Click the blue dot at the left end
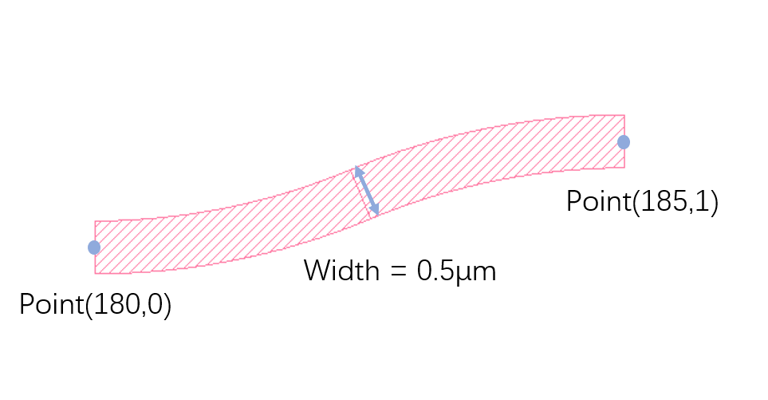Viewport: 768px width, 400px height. tap(94, 248)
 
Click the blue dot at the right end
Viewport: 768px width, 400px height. tap(624, 142)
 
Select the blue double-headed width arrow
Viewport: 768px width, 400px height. tap(366, 191)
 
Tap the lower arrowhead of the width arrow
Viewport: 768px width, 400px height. tap(375, 211)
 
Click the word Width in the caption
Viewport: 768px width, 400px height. tap(341, 270)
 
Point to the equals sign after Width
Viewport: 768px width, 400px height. tap(399, 271)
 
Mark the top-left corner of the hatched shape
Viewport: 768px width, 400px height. tap(95, 221)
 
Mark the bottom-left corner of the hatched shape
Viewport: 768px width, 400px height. tap(95, 273)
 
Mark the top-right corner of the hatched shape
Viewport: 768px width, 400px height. tap(624, 115)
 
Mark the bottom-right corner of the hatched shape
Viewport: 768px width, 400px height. tap(624, 168)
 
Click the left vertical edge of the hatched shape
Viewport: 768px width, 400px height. tap(95, 247)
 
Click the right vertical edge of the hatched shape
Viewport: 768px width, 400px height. tap(624, 141)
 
